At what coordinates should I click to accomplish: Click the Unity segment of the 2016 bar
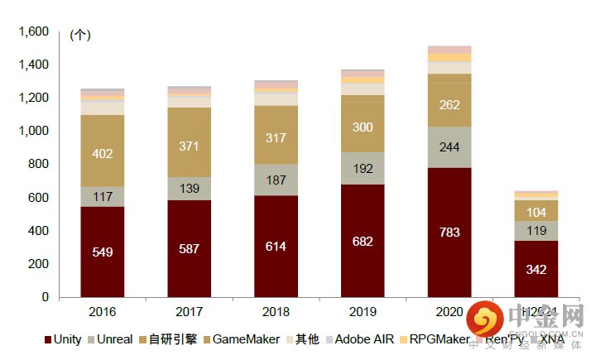[x=103, y=251]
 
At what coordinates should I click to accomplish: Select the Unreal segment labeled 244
[x=449, y=146]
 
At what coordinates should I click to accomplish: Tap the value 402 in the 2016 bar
[x=103, y=153]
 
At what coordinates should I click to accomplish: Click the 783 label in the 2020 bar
[x=449, y=231]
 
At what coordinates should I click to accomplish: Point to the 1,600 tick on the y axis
[x=34, y=31]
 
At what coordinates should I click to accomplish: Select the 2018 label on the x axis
[x=276, y=312]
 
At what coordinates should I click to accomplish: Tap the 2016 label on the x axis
[x=103, y=312]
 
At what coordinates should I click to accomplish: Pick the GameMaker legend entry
[x=246, y=339]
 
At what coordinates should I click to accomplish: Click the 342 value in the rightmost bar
[x=536, y=269]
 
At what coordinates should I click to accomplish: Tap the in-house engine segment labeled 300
[x=363, y=127]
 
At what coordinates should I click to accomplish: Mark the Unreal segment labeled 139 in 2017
[x=190, y=189]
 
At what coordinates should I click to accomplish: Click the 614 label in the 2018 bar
[x=276, y=246]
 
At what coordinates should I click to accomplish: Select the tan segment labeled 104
[x=536, y=211]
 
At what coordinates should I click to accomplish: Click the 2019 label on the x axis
[x=363, y=312]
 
